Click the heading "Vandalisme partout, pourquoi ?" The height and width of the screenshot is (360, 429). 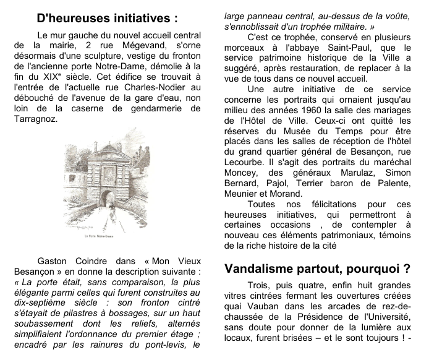tap(317, 269)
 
